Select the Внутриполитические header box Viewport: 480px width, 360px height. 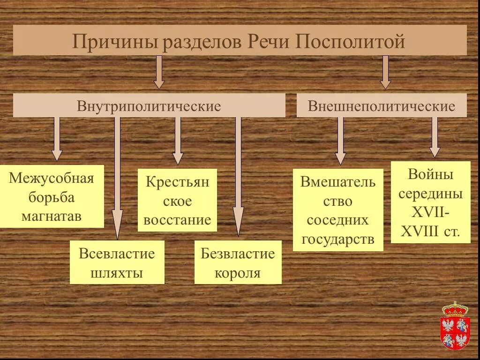pos(149,105)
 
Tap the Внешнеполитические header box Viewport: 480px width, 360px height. pos(382,105)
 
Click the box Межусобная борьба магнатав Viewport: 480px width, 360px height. pos(52,197)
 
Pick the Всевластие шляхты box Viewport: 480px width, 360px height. pos(117,262)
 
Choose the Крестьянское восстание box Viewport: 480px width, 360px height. pos(177,200)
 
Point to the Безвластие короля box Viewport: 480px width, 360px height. pos(238,262)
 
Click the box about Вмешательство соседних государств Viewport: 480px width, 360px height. pos(338,210)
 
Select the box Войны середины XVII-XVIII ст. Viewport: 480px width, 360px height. pos(430,202)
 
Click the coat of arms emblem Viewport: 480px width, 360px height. pos(455,326)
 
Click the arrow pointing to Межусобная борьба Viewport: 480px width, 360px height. pos(57,139)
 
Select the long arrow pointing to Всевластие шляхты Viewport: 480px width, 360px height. pos(117,178)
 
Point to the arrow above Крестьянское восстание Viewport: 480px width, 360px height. pos(178,141)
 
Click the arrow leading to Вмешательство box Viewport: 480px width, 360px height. pos(341,141)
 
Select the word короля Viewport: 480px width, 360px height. pos(238,273)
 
